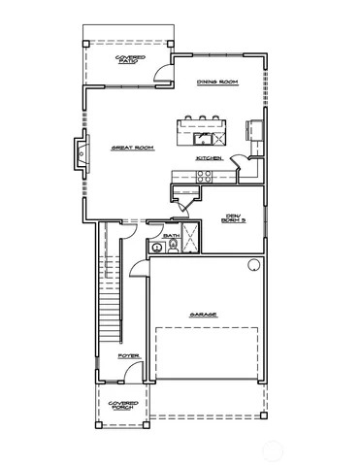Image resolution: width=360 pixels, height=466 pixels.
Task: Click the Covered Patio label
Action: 130,60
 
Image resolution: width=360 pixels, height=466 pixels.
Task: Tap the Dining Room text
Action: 217,83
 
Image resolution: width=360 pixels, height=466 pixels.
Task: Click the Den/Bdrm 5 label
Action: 234,217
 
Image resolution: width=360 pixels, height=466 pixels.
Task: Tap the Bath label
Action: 171,235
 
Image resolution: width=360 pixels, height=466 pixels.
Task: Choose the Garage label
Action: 204,315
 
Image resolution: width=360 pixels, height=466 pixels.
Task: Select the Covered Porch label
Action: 123,405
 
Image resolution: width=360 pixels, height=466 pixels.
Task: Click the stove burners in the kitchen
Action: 204,176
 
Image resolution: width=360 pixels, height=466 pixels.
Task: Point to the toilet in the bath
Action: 174,247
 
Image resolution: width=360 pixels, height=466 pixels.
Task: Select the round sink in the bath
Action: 156,248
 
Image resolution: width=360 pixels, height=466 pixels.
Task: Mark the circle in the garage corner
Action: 254,265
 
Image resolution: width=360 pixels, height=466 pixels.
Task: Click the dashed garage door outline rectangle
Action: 207,353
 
